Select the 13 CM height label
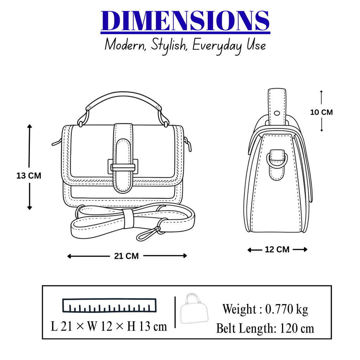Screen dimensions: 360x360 point(29,176)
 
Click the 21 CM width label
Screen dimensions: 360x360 point(127,256)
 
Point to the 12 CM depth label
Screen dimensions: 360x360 point(277,250)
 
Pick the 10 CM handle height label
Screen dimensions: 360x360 point(321,112)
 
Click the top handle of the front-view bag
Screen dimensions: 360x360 point(123,102)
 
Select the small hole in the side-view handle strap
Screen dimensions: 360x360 point(277,113)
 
